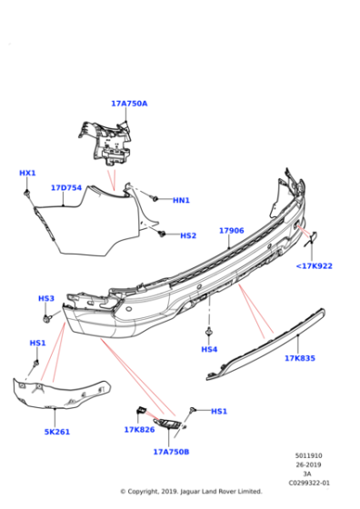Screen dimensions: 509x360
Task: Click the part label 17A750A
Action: pos(129,104)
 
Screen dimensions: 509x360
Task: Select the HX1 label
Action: pos(27,173)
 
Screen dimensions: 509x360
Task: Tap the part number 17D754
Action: pos(66,188)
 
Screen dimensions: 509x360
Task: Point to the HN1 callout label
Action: pos(181,200)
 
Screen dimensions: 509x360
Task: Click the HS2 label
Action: pos(187,235)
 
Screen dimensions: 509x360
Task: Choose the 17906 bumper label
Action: pos(231,231)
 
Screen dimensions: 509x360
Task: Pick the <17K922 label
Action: pos(314,266)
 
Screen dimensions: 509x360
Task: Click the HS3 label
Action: pos(46,298)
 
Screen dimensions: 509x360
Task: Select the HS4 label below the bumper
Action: pos(209,349)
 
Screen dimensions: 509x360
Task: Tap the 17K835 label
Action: pos(299,358)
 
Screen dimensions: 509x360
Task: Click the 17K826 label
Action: pos(139,430)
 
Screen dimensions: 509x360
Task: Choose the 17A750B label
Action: pos(171,451)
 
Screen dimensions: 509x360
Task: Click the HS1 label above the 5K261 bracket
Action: pos(37,343)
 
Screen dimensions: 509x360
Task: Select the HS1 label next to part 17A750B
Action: pos(219,411)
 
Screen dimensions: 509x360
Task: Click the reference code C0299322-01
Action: pos(309,483)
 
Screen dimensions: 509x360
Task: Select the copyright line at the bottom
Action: pos(191,492)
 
